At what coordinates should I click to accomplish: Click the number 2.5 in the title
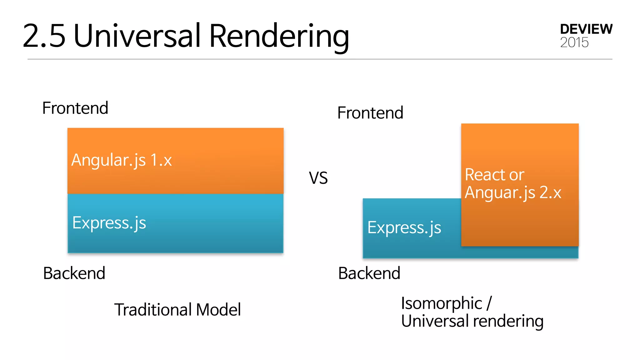44,36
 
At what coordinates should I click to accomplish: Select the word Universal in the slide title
137,36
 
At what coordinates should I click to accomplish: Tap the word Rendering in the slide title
279,37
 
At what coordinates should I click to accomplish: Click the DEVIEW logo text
586,29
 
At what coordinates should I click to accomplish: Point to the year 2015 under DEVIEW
574,42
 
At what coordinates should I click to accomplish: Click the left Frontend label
75,108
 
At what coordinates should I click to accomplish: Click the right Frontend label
370,113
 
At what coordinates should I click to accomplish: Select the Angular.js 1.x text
122,160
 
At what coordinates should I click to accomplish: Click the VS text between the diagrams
318,178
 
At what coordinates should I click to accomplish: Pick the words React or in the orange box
494,175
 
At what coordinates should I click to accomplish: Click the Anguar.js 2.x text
512,192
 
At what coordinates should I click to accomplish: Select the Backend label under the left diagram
74,273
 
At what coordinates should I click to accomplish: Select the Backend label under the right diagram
369,273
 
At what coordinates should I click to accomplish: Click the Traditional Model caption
177,310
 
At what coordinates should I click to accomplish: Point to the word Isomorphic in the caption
441,303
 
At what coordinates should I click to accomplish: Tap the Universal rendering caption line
472,321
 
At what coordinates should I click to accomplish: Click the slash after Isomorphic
489,303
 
